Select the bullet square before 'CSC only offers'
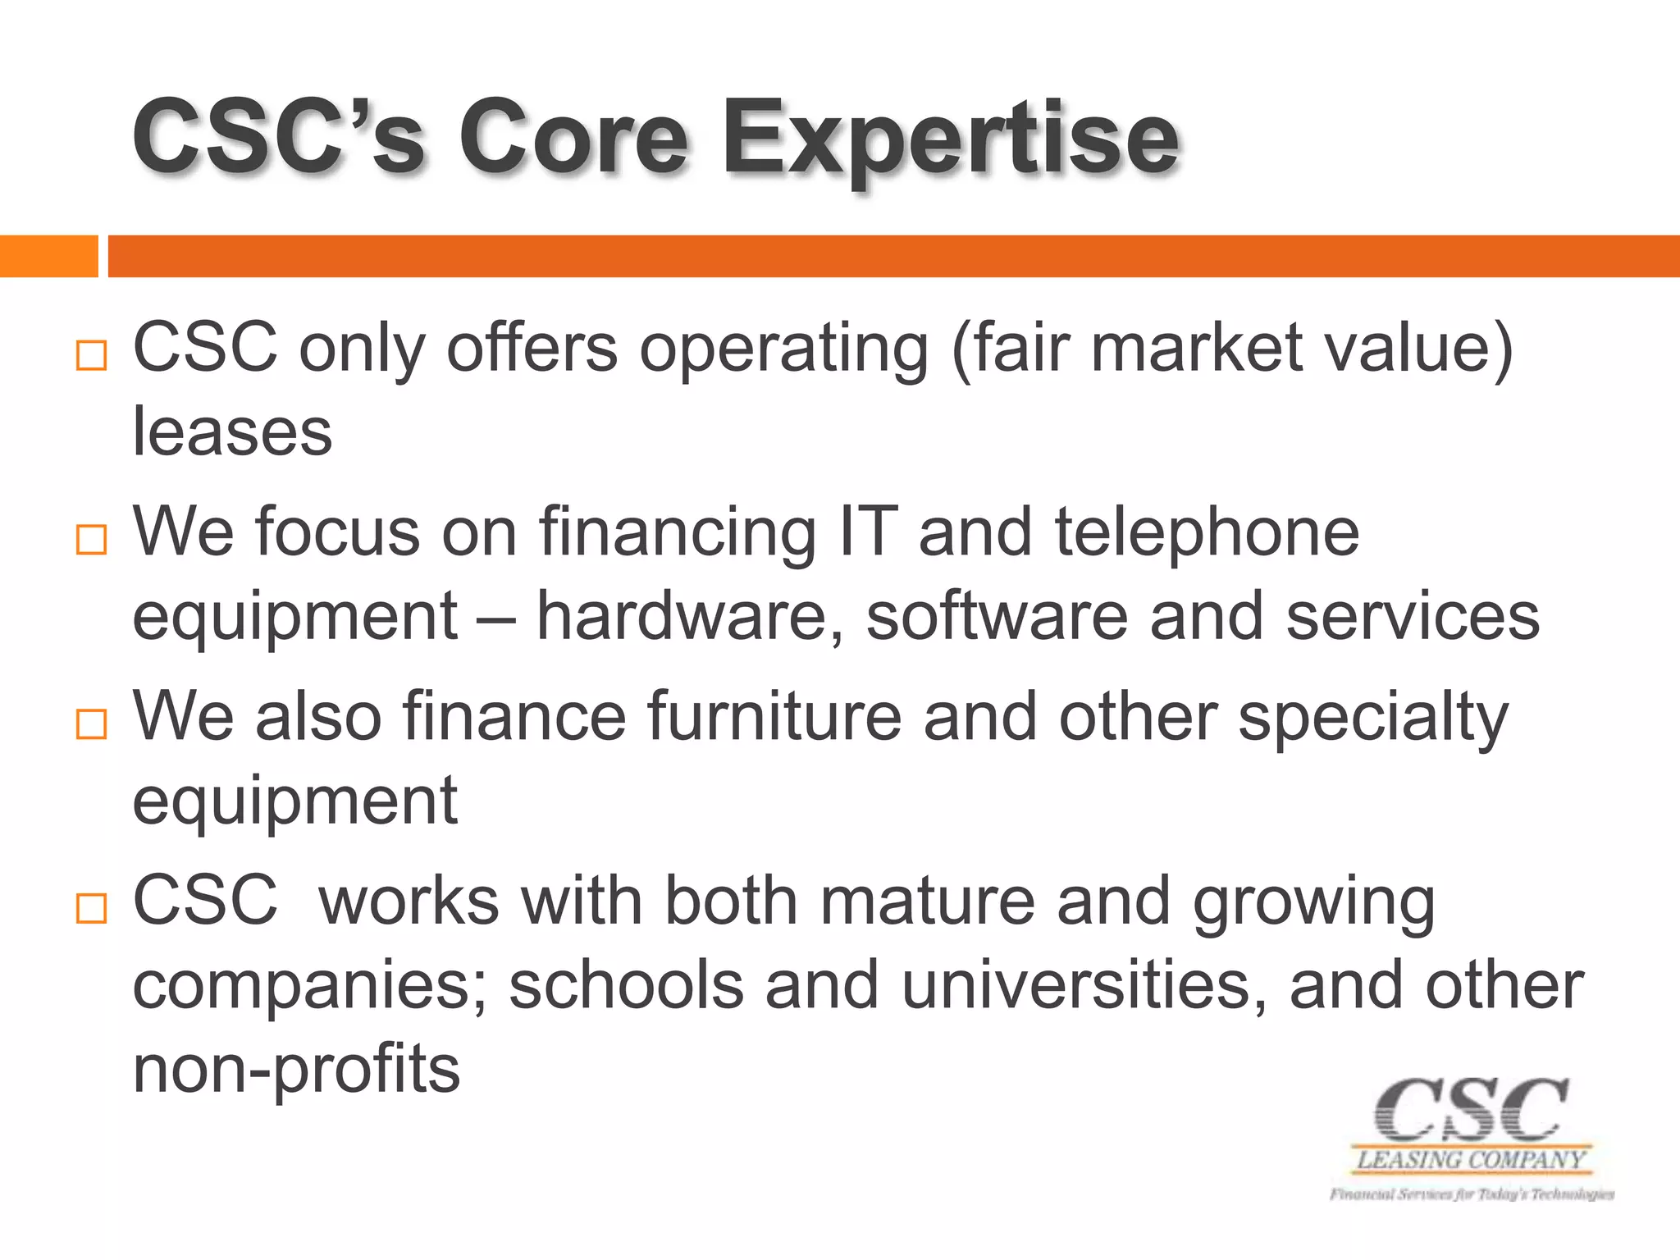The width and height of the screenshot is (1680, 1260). (91, 355)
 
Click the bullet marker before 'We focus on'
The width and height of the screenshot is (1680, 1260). (91, 540)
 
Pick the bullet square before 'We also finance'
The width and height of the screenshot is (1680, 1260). (91, 724)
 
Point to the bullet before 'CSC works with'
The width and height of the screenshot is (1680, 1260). (91, 909)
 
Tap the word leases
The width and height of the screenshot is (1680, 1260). (232, 432)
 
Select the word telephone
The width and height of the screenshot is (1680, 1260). (1207, 532)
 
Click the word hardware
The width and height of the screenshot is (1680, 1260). (689, 617)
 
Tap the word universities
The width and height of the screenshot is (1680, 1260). (1084, 985)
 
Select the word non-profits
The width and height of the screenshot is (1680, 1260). (296, 1070)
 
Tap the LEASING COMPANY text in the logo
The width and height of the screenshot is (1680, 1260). (1471, 1160)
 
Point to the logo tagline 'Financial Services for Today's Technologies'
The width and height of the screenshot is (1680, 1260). (1472, 1194)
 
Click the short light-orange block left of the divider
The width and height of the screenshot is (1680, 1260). (48, 256)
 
